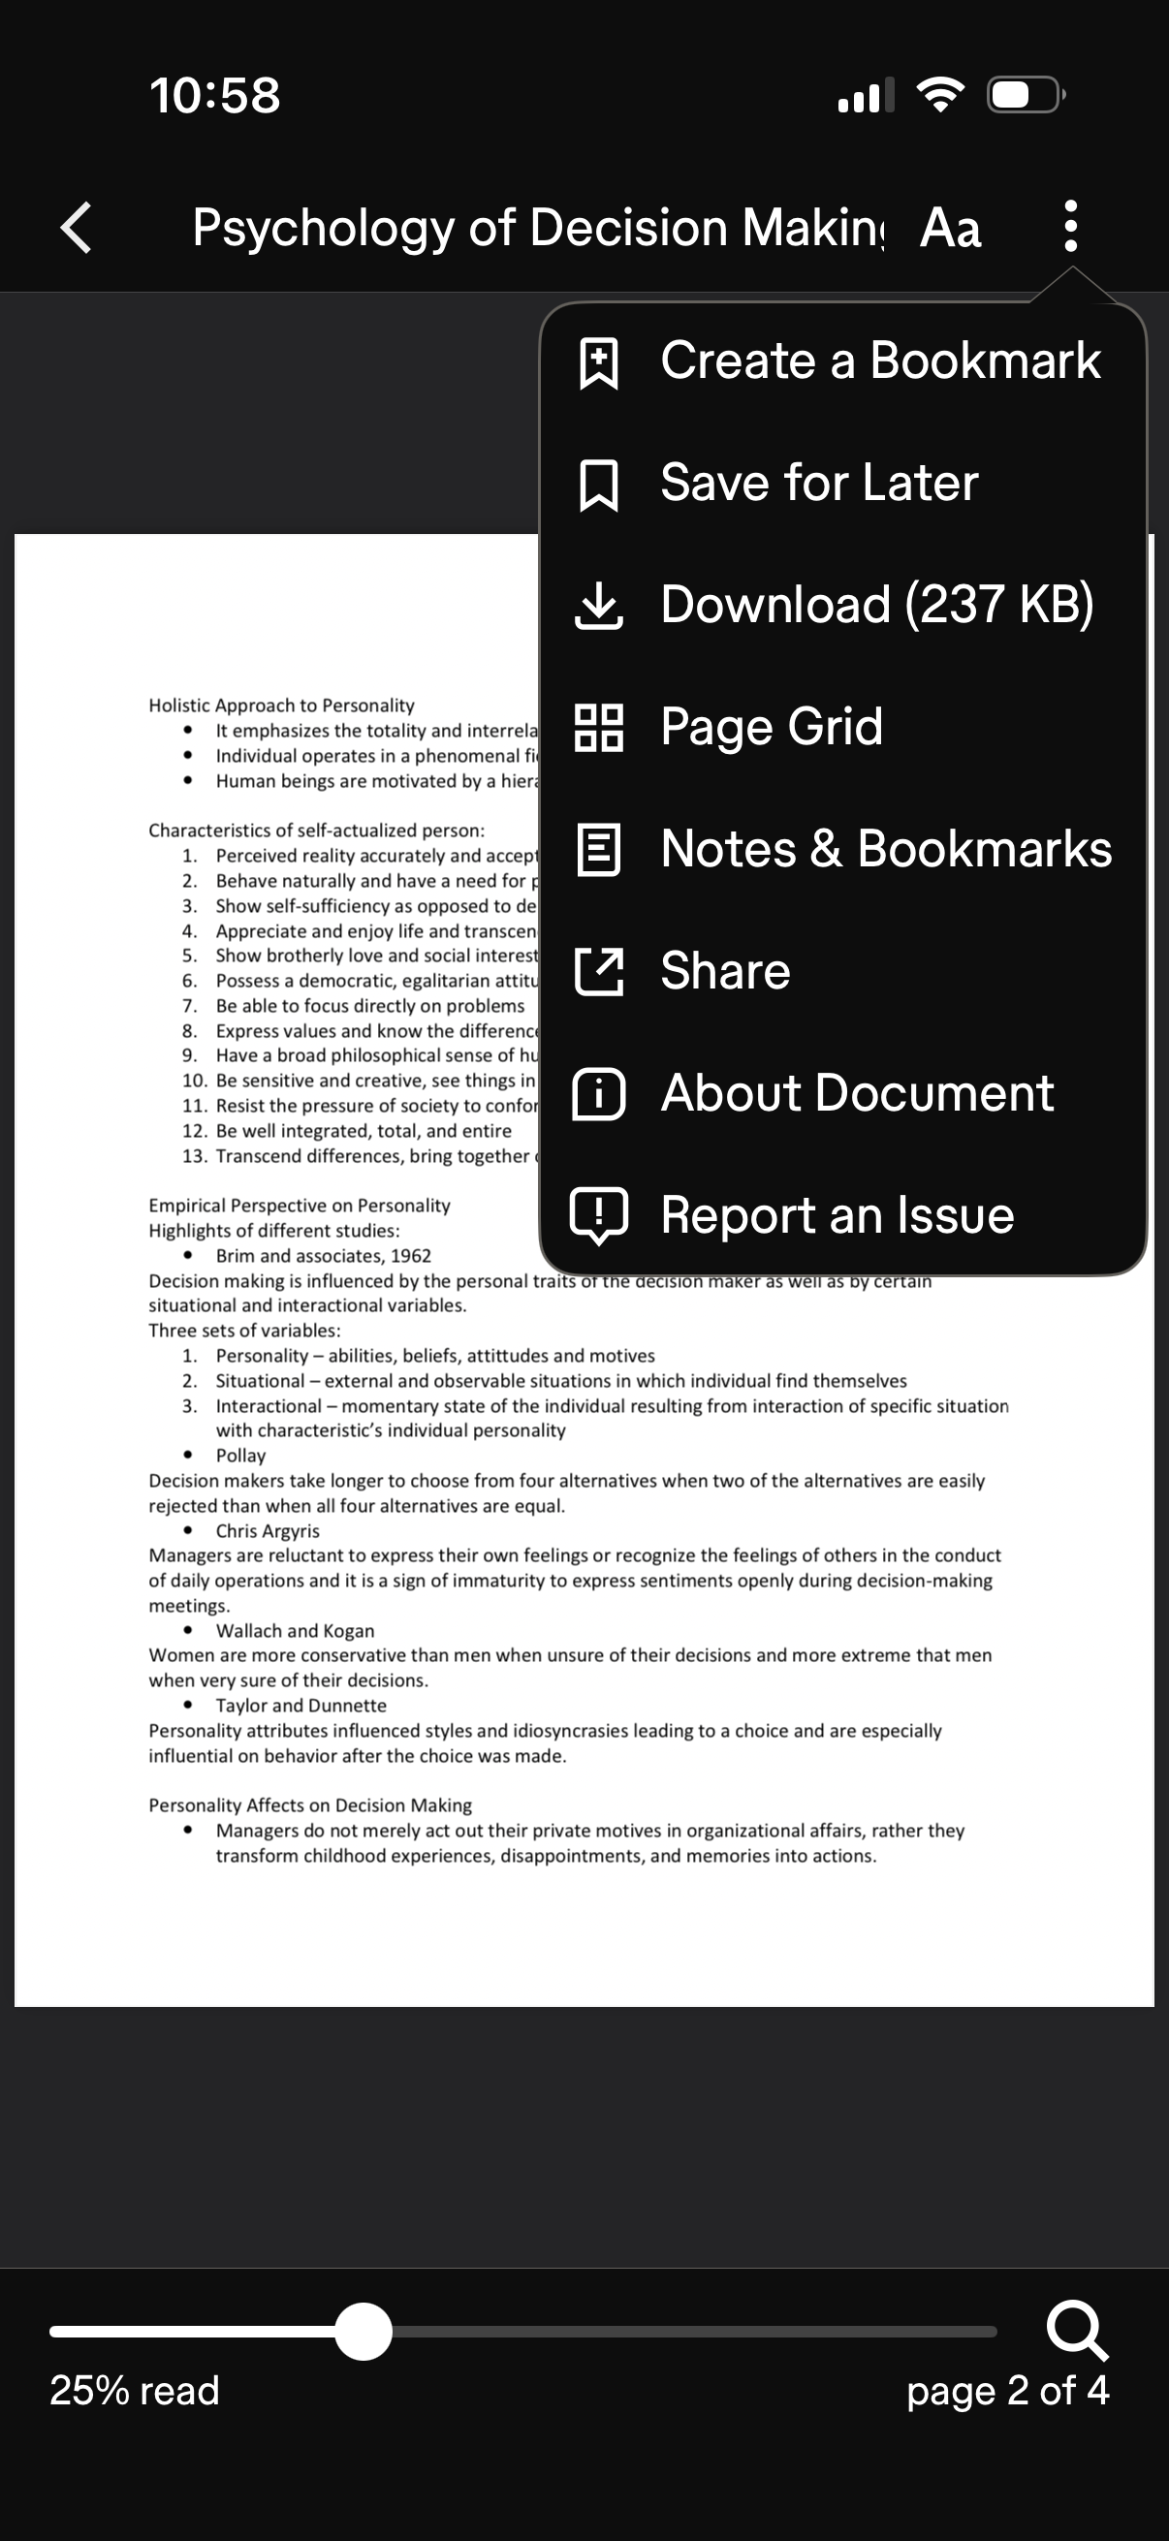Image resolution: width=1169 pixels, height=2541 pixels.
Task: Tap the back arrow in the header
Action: pos(77,228)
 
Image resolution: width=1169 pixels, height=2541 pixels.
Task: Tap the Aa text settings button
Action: pos(950,228)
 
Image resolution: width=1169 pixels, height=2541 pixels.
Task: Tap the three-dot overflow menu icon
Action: pos(1070,227)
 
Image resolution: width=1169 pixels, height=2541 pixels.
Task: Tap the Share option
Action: pos(724,972)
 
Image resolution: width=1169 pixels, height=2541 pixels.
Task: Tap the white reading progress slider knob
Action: pos(363,2332)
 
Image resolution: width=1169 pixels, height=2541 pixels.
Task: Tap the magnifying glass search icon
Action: pos(1076,2330)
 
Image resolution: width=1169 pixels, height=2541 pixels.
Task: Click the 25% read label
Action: pos(134,2391)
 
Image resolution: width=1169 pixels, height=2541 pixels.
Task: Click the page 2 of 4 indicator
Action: pos(1007,2391)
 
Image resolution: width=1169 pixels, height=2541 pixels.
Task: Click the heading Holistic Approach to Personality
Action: pos(281,706)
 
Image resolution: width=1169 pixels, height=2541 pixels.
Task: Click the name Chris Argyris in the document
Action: pos(268,1531)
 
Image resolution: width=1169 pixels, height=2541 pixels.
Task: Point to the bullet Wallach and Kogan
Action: pos(295,1631)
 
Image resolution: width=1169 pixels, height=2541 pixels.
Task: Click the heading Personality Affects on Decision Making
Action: pos(310,1805)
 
